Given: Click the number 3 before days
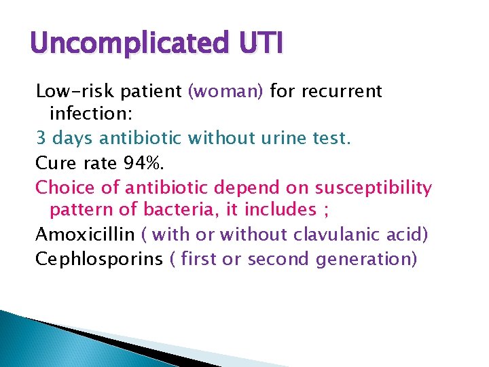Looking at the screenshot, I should [40, 139].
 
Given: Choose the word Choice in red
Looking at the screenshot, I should [61, 187].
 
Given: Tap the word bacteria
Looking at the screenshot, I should [179, 211].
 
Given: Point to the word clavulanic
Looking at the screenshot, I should [338, 234].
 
